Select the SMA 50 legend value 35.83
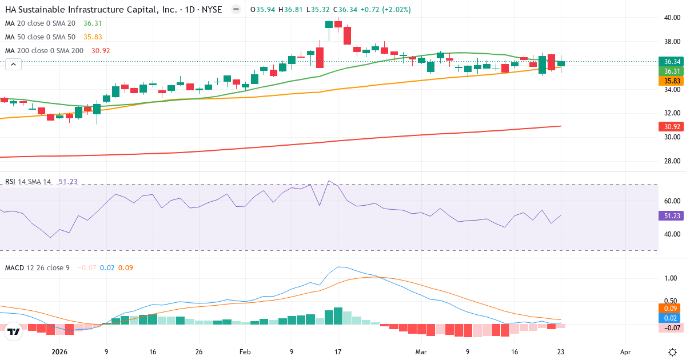pyautogui.click(x=93, y=37)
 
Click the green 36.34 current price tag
pyautogui.click(x=671, y=61)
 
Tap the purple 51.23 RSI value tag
pyautogui.click(x=671, y=215)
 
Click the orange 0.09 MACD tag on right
pyautogui.click(x=671, y=308)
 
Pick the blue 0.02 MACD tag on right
pyautogui.click(x=671, y=317)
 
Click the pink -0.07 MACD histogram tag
pyautogui.click(x=671, y=327)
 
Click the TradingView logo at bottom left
pyautogui.click(x=14, y=331)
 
